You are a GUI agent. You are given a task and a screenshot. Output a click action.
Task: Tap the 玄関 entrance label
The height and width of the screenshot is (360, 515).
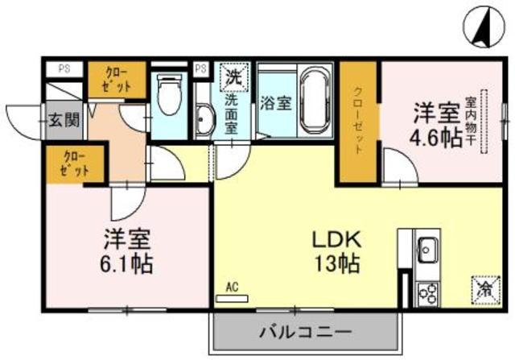[x=62, y=121]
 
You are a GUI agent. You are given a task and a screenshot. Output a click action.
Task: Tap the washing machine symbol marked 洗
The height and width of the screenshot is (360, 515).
[x=233, y=78]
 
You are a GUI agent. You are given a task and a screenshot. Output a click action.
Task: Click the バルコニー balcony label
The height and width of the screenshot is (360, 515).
[x=305, y=331]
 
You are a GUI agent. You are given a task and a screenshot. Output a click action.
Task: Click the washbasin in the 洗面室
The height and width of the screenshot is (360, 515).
[x=202, y=121]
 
